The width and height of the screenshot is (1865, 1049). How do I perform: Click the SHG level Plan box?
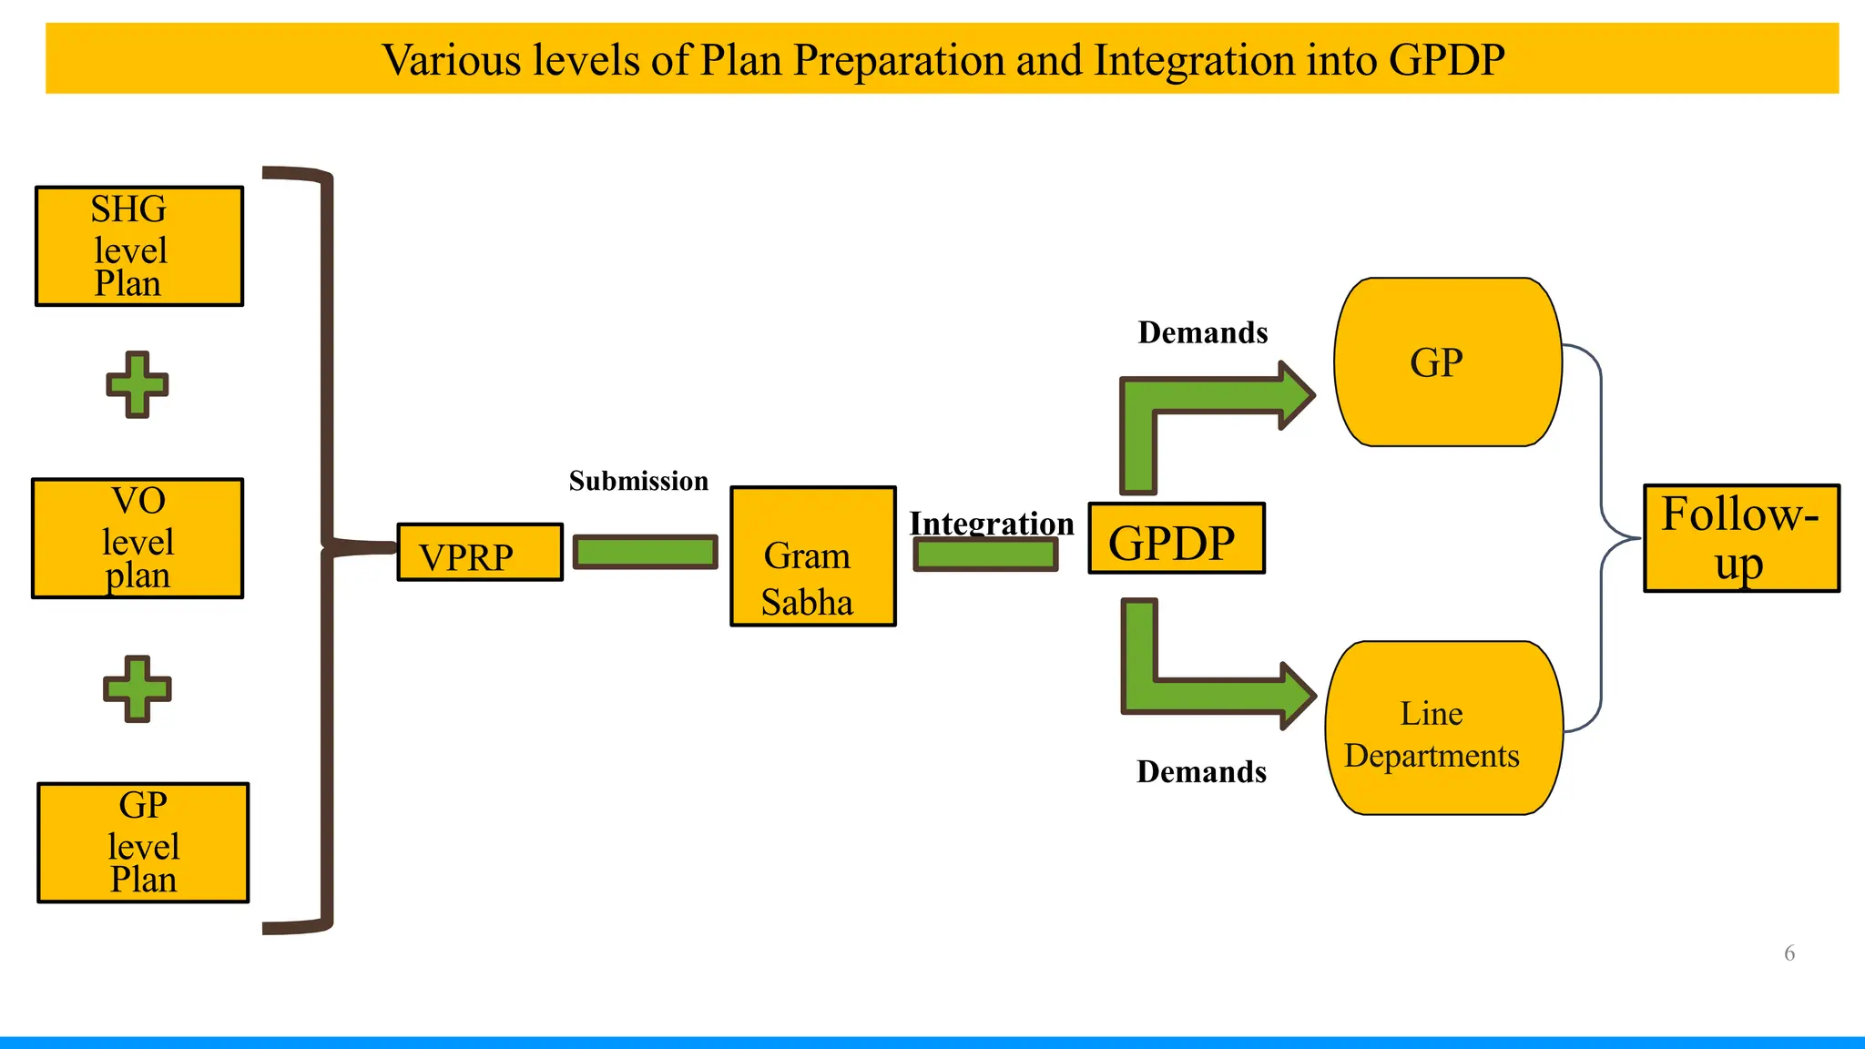pyautogui.click(x=138, y=246)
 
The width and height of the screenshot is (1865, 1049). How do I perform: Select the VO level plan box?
pyautogui.click(x=138, y=538)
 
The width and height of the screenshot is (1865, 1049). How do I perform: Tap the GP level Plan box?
pyautogui.click(x=143, y=842)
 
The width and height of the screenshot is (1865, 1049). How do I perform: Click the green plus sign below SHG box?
pyautogui.click(x=138, y=384)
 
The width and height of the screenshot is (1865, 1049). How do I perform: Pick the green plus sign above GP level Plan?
pyautogui.click(x=137, y=688)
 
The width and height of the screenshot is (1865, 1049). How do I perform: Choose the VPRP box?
pyautogui.click(x=480, y=553)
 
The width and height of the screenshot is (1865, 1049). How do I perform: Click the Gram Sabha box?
pyautogui.click(x=812, y=556)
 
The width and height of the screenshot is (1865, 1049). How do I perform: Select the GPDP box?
pyautogui.click(x=1177, y=539)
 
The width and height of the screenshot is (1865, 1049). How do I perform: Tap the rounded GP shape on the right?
pyautogui.click(x=1447, y=362)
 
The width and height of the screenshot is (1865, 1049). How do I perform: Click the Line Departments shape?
pyautogui.click(x=1443, y=728)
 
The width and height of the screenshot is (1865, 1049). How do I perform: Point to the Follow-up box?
pyautogui.click(x=1741, y=538)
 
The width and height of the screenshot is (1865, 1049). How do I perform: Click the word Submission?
pyautogui.click(x=638, y=481)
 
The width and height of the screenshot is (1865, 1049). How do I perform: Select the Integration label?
pyautogui.click(x=992, y=523)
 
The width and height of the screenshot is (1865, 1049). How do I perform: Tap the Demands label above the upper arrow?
pyautogui.click(x=1202, y=332)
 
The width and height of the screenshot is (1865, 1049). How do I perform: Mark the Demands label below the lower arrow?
pyautogui.click(x=1201, y=772)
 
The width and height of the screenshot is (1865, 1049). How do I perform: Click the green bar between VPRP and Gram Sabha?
pyautogui.click(x=645, y=552)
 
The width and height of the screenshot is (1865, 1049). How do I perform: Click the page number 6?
pyautogui.click(x=1789, y=953)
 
